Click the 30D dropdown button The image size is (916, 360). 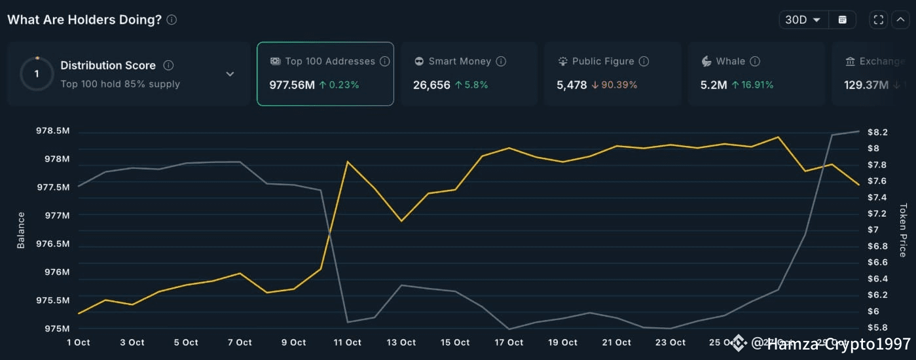click(x=803, y=20)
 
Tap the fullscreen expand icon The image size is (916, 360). click(x=878, y=20)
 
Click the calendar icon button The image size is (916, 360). click(x=842, y=20)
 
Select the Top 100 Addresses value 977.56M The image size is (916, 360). click(x=292, y=84)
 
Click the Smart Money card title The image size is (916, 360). click(x=460, y=61)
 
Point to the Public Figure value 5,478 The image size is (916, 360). click(x=572, y=84)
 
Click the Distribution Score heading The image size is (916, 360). click(x=108, y=65)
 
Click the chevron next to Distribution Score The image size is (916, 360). click(x=230, y=74)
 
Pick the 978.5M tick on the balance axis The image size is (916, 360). click(x=53, y=131)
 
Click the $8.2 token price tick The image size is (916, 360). click(x=877, y=132)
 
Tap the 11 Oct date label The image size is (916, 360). click(x=348, y=342)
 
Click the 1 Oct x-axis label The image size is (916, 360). click(x=79, y=342)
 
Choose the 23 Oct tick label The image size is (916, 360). click(x=670, y=342)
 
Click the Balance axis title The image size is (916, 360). click(x=21, y=230)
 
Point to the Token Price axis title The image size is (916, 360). click(x=903, y=230)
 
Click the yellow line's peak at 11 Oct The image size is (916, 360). click(x=348, y=161)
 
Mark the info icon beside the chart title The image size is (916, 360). click(x=172, y=20)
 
